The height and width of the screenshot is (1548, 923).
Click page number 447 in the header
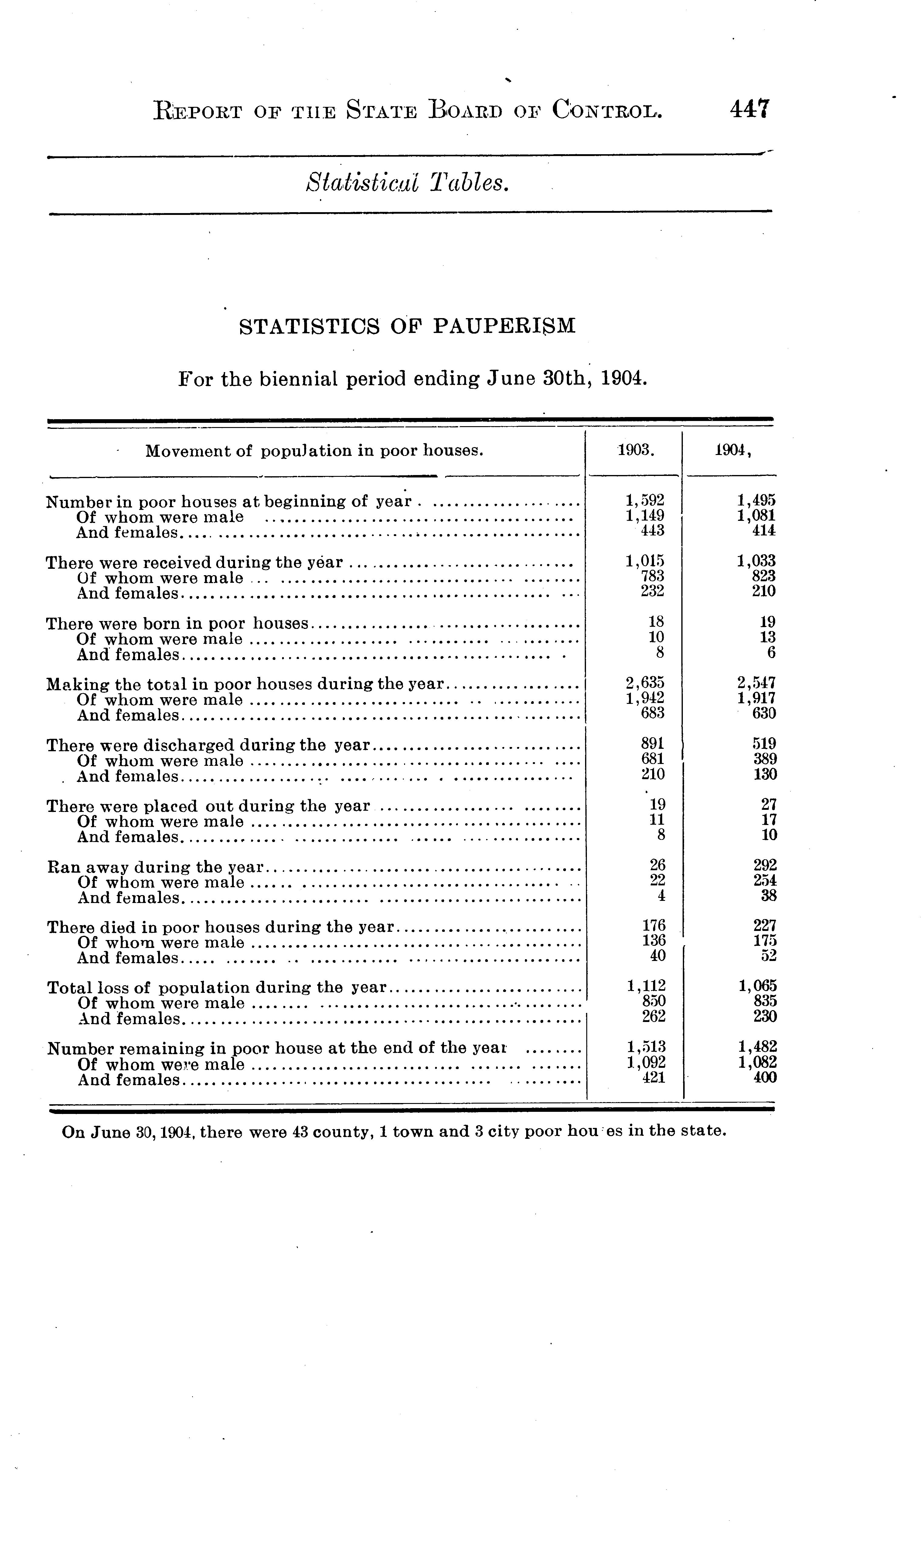[750, 109]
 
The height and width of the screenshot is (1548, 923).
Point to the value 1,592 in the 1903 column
[645, 500]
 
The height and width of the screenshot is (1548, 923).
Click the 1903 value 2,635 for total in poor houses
[645, 683]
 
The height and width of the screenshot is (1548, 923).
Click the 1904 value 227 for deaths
[765, 926]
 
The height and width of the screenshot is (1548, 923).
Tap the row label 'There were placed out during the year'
[208, 806]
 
